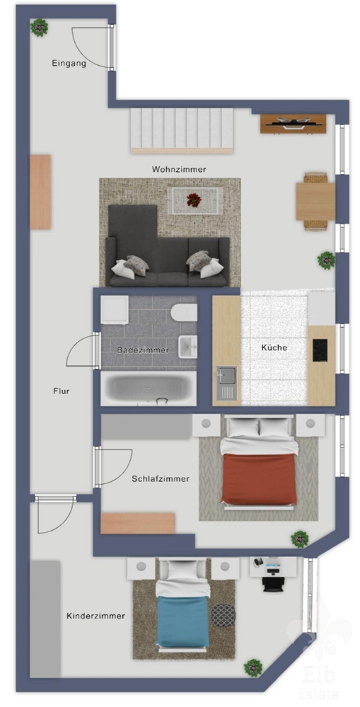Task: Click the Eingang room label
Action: [x=69, y=64]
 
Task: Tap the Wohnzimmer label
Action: [x=179, y=170]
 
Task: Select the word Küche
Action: [x=274, y=347]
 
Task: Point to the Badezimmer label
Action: [x=143, y=350]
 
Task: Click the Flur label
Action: [x=61, y=391]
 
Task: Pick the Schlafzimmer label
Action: [x=161, y=479]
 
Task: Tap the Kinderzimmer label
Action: [x=95, y=616]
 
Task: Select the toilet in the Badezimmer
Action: [x=185, y=313]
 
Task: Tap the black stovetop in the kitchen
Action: [x=320, y=350]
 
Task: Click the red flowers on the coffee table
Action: [x=194, y=200]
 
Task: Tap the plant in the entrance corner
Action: [x=39, y=28]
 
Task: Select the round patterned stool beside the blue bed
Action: [x=223, y=615]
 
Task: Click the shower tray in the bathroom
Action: [x=115, y=310]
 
